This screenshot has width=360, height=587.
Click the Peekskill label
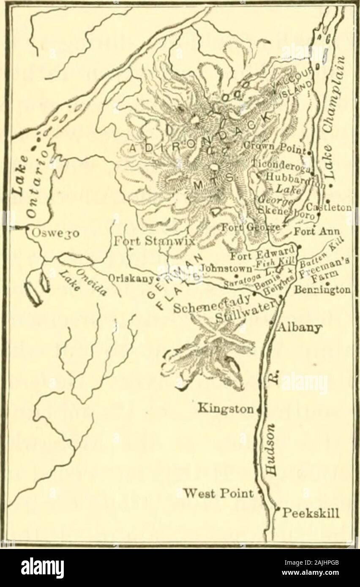311,514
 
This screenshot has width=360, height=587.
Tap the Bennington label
329,291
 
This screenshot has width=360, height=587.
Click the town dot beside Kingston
258,409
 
